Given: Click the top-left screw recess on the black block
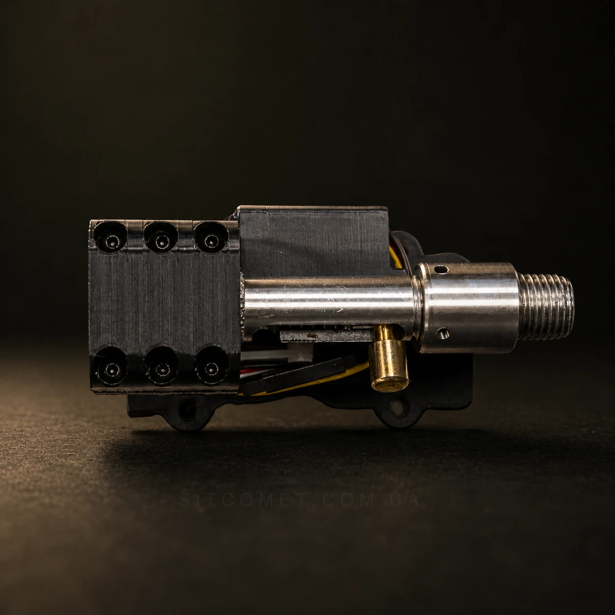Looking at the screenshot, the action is click(x=111, y=238).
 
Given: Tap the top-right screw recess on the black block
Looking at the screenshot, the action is click(x=211, y=237).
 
